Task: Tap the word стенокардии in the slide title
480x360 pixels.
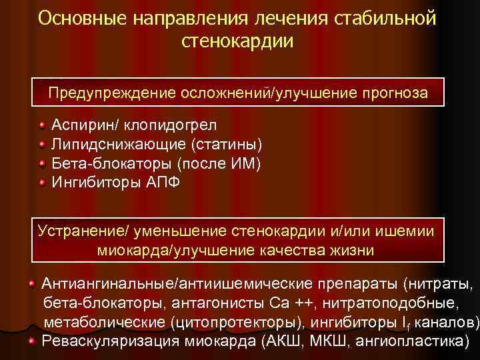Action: [237, 41]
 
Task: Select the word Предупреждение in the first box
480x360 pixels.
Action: [112, 93]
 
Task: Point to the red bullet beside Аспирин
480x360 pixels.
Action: [42, 125]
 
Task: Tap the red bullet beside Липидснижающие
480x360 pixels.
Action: [42, 144]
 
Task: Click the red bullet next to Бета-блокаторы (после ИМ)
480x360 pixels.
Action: [42, 163]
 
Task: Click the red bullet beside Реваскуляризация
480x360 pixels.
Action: [32, 341]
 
